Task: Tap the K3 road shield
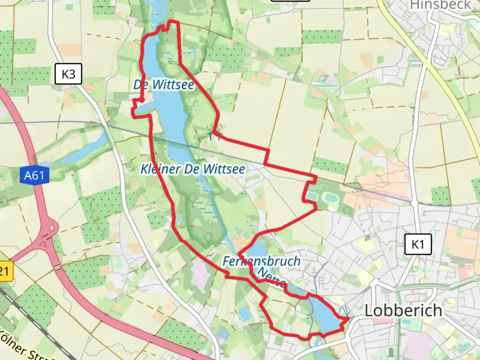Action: [68, 74]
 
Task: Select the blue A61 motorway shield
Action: [34, 175]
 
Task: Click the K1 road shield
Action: [418, 244]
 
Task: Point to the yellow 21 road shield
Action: [5, 271]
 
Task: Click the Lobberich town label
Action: [403, 311]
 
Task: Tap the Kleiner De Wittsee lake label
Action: [193, 169]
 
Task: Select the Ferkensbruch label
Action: [261, 261]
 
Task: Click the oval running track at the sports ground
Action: [331, 199]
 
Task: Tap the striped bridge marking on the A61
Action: [58, 267]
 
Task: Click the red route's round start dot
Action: [142, 100]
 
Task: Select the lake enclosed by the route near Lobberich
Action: [322, 315]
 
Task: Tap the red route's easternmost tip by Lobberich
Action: [349, 319]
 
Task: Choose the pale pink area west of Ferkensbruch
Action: [200, 273]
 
